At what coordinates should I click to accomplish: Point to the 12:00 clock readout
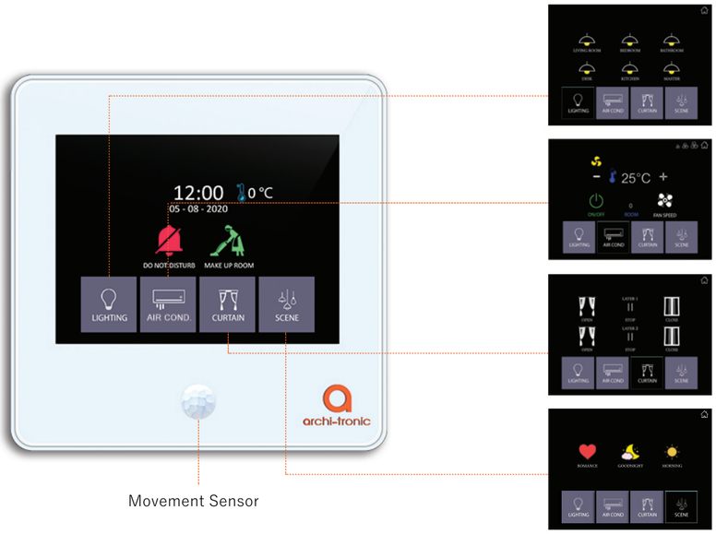tap(198, 193)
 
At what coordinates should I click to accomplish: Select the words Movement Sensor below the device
tap(194, 502)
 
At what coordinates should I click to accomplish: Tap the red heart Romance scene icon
tap(587, 451)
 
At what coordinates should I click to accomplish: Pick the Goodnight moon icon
tap(631, 451)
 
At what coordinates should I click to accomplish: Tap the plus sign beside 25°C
tap(662, 177)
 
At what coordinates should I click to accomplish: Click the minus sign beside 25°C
tap(596, 177)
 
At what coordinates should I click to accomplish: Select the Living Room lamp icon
tap(587, 39)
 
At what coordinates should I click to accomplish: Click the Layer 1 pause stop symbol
tap(630, 306)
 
